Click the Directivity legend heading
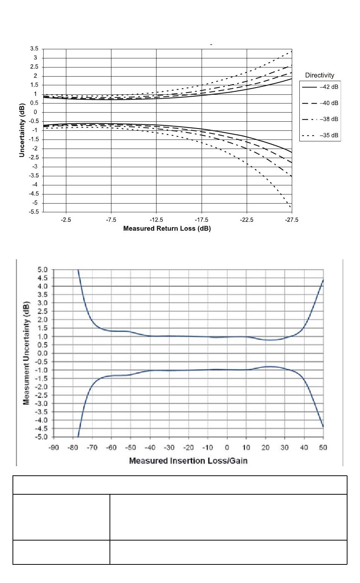pyautogui.click(x=320, y=75)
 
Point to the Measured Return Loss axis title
pyautogui.click(x=167, y=229)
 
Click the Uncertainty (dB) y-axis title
pyautogui.click(x=22, y=130)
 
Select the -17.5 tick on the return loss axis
pyautogui.click(x=201, y=220)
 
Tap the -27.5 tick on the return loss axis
pyautogui.click(x=291, y=220)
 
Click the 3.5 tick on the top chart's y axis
pyautogui.click(x=34, y=49)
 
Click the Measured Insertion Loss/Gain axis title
pyautogui.click(x=188, y=461)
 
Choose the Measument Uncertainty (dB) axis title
pyautogui.click(x=27, y=353)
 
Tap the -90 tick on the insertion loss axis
pyautogui.click(x=53, y=448)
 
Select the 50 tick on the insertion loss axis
pyautogui.click(x=323, y=448)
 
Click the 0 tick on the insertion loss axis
pyautogui.click(x=227, y=448)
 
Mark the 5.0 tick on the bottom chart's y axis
pyautogui.click(x=42, y=270)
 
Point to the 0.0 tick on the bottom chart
pyautogui.click(x=42, y=353)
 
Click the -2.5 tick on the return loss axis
pyautogui.click(x=66, y=220)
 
